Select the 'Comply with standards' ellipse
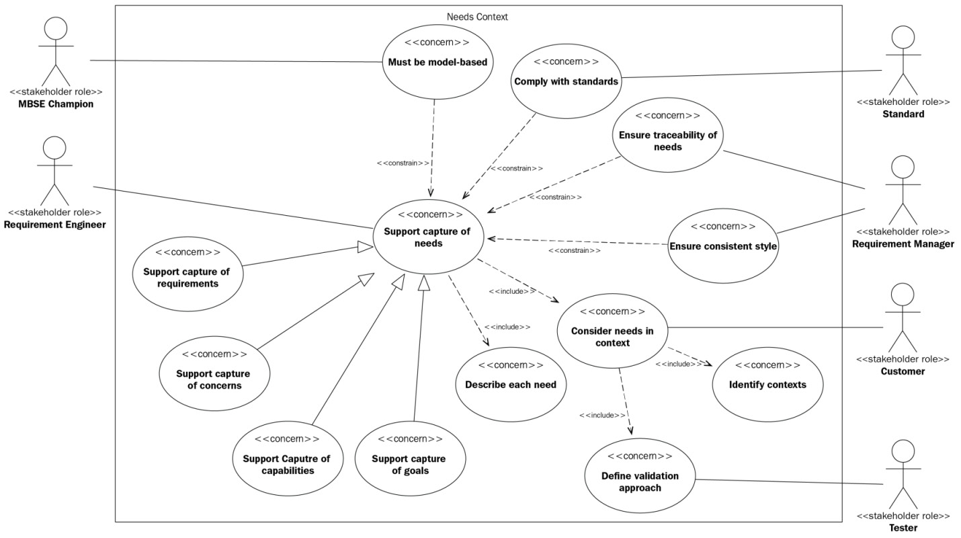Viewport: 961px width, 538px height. [x=566, y=77]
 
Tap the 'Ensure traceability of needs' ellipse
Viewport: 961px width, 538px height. [x=667, y=136]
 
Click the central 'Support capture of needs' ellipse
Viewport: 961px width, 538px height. [x=430, y=236]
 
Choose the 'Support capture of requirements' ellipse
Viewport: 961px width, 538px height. [x=187, y=272]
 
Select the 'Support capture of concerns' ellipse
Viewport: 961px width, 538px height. [x=214, y=374]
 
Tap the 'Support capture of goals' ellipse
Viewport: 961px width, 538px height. [x=409, y=459]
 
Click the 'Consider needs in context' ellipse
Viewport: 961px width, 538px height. [x=612, y=332]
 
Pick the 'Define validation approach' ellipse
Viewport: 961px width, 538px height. [x=640, y=477]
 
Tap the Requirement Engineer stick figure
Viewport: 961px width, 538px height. [x=54, y=171]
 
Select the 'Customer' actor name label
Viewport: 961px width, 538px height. [x=903, y=371]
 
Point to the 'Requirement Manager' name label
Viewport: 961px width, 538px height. [x=903, y=244]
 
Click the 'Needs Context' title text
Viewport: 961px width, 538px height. [x=477, y=17]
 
